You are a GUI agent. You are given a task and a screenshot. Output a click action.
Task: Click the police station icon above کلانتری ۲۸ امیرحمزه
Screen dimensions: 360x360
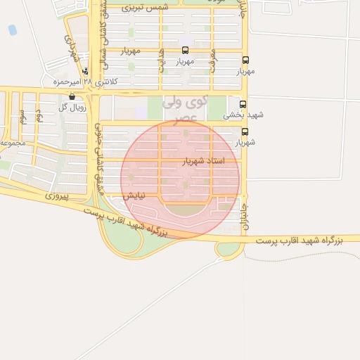coord(86,70)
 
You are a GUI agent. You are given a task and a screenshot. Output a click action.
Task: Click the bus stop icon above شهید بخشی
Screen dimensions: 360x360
coord(244,103)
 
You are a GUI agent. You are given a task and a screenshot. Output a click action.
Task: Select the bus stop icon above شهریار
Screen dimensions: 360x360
coord(245,131)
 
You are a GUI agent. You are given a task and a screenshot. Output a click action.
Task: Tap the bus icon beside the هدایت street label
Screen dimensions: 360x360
coord(185,50)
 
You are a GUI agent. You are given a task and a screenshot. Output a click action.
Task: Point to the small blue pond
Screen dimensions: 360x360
coord(12,30)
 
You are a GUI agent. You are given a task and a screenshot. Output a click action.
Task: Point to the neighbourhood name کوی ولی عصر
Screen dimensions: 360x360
coord(185,109)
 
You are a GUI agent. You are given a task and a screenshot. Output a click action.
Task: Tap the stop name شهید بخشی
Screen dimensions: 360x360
coord(234,115)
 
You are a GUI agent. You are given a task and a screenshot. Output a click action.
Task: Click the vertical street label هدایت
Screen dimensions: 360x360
coord(161,64)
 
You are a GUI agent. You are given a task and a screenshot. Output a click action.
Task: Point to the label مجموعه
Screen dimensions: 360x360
coord(13,143)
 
